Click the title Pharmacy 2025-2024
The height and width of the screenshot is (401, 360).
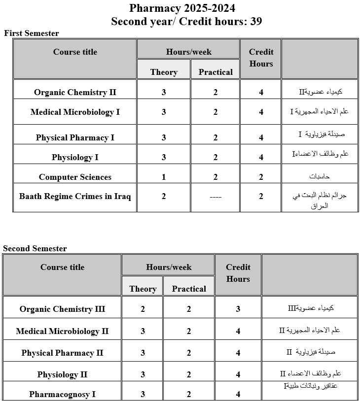[x=182, y=8]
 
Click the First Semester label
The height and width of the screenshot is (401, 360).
[x=32, y=33]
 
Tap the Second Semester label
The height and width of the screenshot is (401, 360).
[x=35, y=249]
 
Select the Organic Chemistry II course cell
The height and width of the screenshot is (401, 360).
[x=74, y=93]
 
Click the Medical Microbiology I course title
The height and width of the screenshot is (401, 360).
[x=75, y=112]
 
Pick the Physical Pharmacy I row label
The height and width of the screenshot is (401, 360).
[x=75, y=138]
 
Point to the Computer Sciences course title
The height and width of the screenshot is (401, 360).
[x=75, y=177]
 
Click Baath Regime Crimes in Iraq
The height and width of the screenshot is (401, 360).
[x=75, y=197]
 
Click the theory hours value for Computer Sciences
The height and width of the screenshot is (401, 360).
[x=164, y=177]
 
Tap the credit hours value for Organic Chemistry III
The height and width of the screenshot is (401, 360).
[x=238, y=309]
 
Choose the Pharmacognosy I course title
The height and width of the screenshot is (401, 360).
[x=62, y=395]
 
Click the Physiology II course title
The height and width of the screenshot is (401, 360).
[x=62, y=375]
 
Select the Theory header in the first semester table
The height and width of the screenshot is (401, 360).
[x=164, y=72]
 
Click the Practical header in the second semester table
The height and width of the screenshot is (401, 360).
[x=189, y=289]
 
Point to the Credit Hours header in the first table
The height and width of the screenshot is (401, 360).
[x=261, y=58]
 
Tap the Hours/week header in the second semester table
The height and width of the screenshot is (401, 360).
[x=169, y=267]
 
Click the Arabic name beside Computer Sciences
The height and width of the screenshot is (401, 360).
[x=320, y=176]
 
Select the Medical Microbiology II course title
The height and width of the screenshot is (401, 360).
[x=62, y=332]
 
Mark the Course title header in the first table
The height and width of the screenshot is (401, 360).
[x=75, y=52]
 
